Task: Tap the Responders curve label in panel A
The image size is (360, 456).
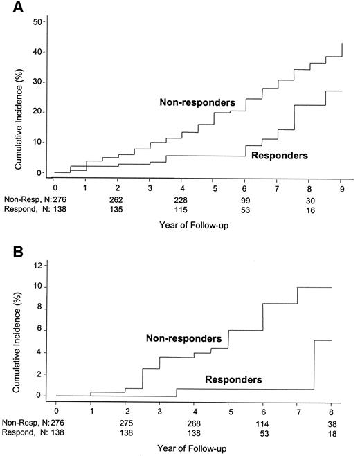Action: [x=280, y=156]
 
